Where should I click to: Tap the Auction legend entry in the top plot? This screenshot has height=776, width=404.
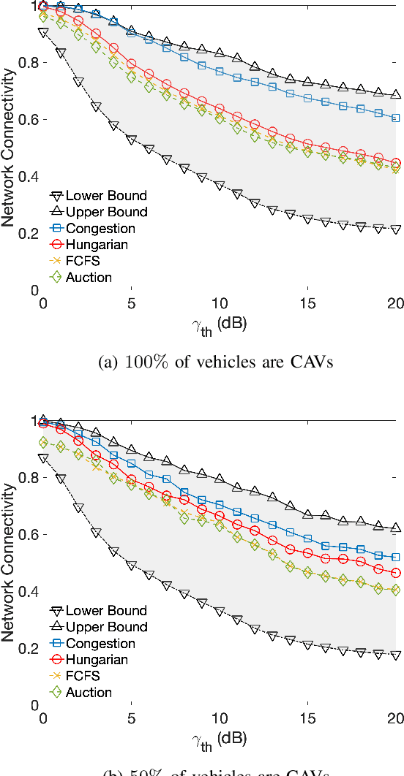click(89, 277)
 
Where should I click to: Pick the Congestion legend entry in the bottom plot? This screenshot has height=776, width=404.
click(100, 643)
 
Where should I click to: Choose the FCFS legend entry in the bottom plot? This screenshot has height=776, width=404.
click(81, 676)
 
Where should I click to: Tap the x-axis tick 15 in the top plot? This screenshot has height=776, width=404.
click(307, 303)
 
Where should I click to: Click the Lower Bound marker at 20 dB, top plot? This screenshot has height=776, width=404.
click(396, 229)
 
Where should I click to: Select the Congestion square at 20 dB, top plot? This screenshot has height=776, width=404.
click(396, 118)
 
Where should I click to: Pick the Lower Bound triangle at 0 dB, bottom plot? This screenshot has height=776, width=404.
click(43, 458)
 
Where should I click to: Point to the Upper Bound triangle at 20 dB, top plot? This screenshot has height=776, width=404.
click(396, 94)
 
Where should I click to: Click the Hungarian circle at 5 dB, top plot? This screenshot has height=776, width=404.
click(131, 64)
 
